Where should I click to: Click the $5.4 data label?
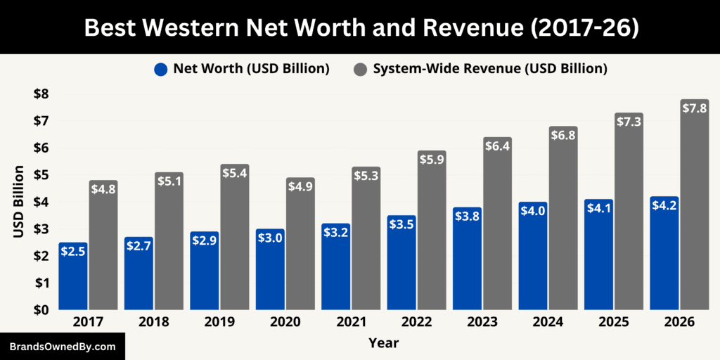click(235, 172)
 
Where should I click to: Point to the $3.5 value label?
click(401, 224)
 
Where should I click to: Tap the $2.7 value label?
click(139, 245)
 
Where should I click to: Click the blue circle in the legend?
click(161, 69)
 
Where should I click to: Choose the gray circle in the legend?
click(360, 69)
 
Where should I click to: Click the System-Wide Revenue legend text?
click(490, 69)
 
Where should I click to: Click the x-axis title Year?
click(383, 343)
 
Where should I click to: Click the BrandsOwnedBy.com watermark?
click(63, 347)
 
